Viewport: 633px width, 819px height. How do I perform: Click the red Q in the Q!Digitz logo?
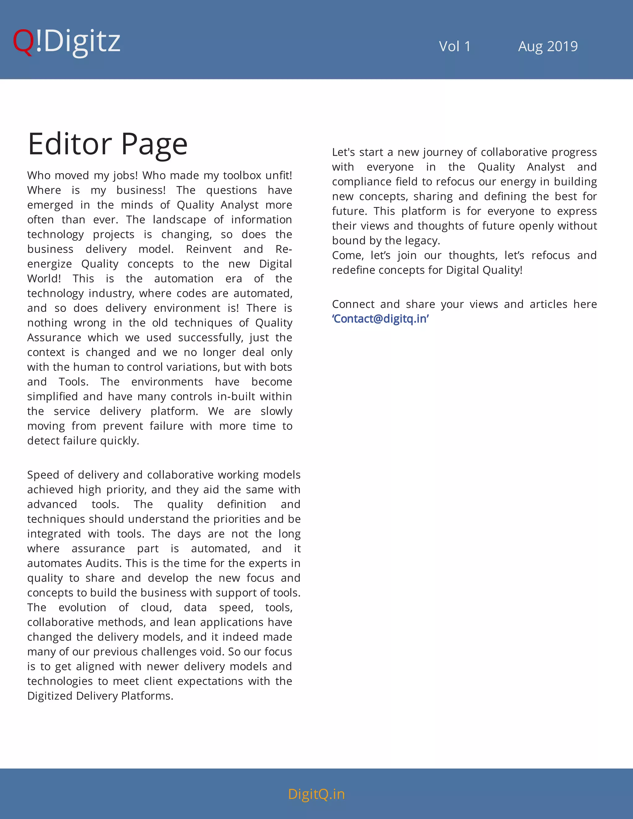[x=23, y=42]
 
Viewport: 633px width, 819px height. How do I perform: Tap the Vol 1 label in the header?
[x=454, y=46]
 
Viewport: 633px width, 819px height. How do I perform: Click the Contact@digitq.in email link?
[x=380, y=319]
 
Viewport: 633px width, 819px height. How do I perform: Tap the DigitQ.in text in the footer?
[x=316, y=794]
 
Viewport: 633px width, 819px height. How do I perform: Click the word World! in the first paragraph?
[x=44, y=279]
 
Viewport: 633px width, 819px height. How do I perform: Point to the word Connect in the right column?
[x=353, y=304]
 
